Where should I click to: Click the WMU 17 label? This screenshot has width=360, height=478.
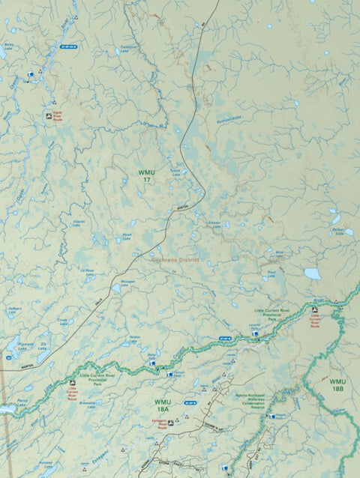145,177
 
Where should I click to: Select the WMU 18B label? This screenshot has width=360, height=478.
337,385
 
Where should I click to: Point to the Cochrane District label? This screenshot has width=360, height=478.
178,261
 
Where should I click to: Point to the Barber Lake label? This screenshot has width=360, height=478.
337,232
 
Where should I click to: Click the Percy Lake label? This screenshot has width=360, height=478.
20,402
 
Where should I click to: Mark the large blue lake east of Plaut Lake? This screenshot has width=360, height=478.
312,273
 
